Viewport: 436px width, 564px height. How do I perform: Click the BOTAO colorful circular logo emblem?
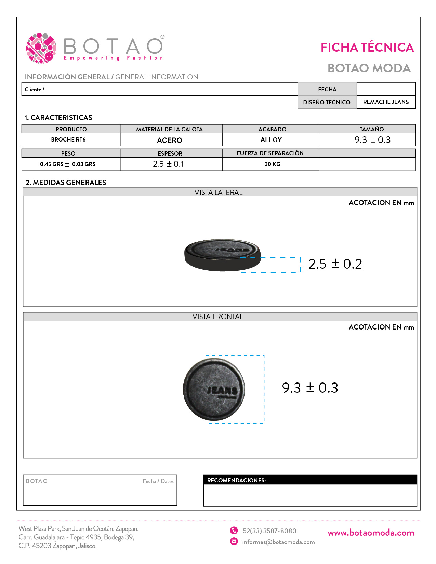pos(41,48)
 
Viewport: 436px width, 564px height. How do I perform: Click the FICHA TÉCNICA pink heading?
pos(367,48)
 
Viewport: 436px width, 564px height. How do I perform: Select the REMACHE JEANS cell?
pos(386,102)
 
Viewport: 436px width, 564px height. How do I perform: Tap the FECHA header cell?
pos(327,89)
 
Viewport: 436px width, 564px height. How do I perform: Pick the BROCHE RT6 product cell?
pos(68,139)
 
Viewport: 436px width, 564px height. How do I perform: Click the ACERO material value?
pos(170,140)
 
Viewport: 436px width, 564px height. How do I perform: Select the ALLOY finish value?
pos(271,140)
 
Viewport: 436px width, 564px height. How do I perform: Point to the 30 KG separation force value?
pos(272,164)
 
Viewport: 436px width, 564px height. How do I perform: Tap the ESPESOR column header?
pos(170,153)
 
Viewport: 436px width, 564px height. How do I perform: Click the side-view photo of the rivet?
pos(222,255)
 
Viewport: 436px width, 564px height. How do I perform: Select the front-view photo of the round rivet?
pos(214,389)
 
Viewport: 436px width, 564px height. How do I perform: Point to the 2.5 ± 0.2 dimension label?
pos(335,264)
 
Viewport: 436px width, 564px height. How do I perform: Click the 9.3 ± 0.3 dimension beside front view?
pos(310,388)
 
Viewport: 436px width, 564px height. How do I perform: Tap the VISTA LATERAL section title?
pos(219,192)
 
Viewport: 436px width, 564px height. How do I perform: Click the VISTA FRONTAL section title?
pos(218,317)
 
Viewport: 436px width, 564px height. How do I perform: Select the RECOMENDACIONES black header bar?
pos(310,480)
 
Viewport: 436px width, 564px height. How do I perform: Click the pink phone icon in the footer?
pos(234,530)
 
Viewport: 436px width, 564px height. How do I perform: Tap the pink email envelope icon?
pos(234,541)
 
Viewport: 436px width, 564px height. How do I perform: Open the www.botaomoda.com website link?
pos(371,533)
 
